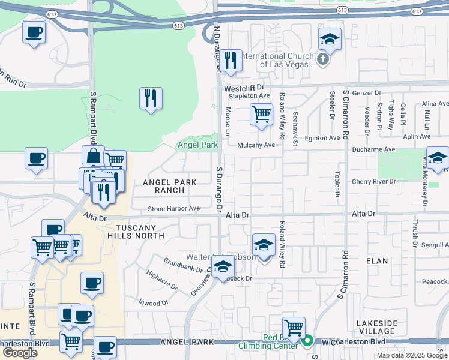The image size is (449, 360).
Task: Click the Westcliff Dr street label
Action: point(244,88)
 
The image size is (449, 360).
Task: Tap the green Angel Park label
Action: point(197,145)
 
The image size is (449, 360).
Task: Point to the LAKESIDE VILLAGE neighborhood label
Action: point(377,328)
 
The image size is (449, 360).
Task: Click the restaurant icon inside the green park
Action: point(150,98)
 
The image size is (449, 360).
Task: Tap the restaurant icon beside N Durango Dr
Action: point(231,61)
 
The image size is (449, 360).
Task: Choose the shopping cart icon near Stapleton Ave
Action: point(261,114)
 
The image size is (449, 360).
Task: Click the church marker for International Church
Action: point(323,59)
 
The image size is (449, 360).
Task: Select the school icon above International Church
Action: point(330,39)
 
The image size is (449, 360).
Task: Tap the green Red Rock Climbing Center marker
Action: point(307,341)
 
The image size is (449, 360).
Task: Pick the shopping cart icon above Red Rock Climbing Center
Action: point(294,328)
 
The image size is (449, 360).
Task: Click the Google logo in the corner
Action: point(20,353)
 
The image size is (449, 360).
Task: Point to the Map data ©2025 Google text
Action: point(412,355)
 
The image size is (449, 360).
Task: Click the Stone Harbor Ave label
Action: point(174,209)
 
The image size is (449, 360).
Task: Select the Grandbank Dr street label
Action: point(184,264)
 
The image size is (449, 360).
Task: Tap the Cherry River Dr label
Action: point(375,181)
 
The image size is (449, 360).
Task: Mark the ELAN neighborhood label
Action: point(377,261)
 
